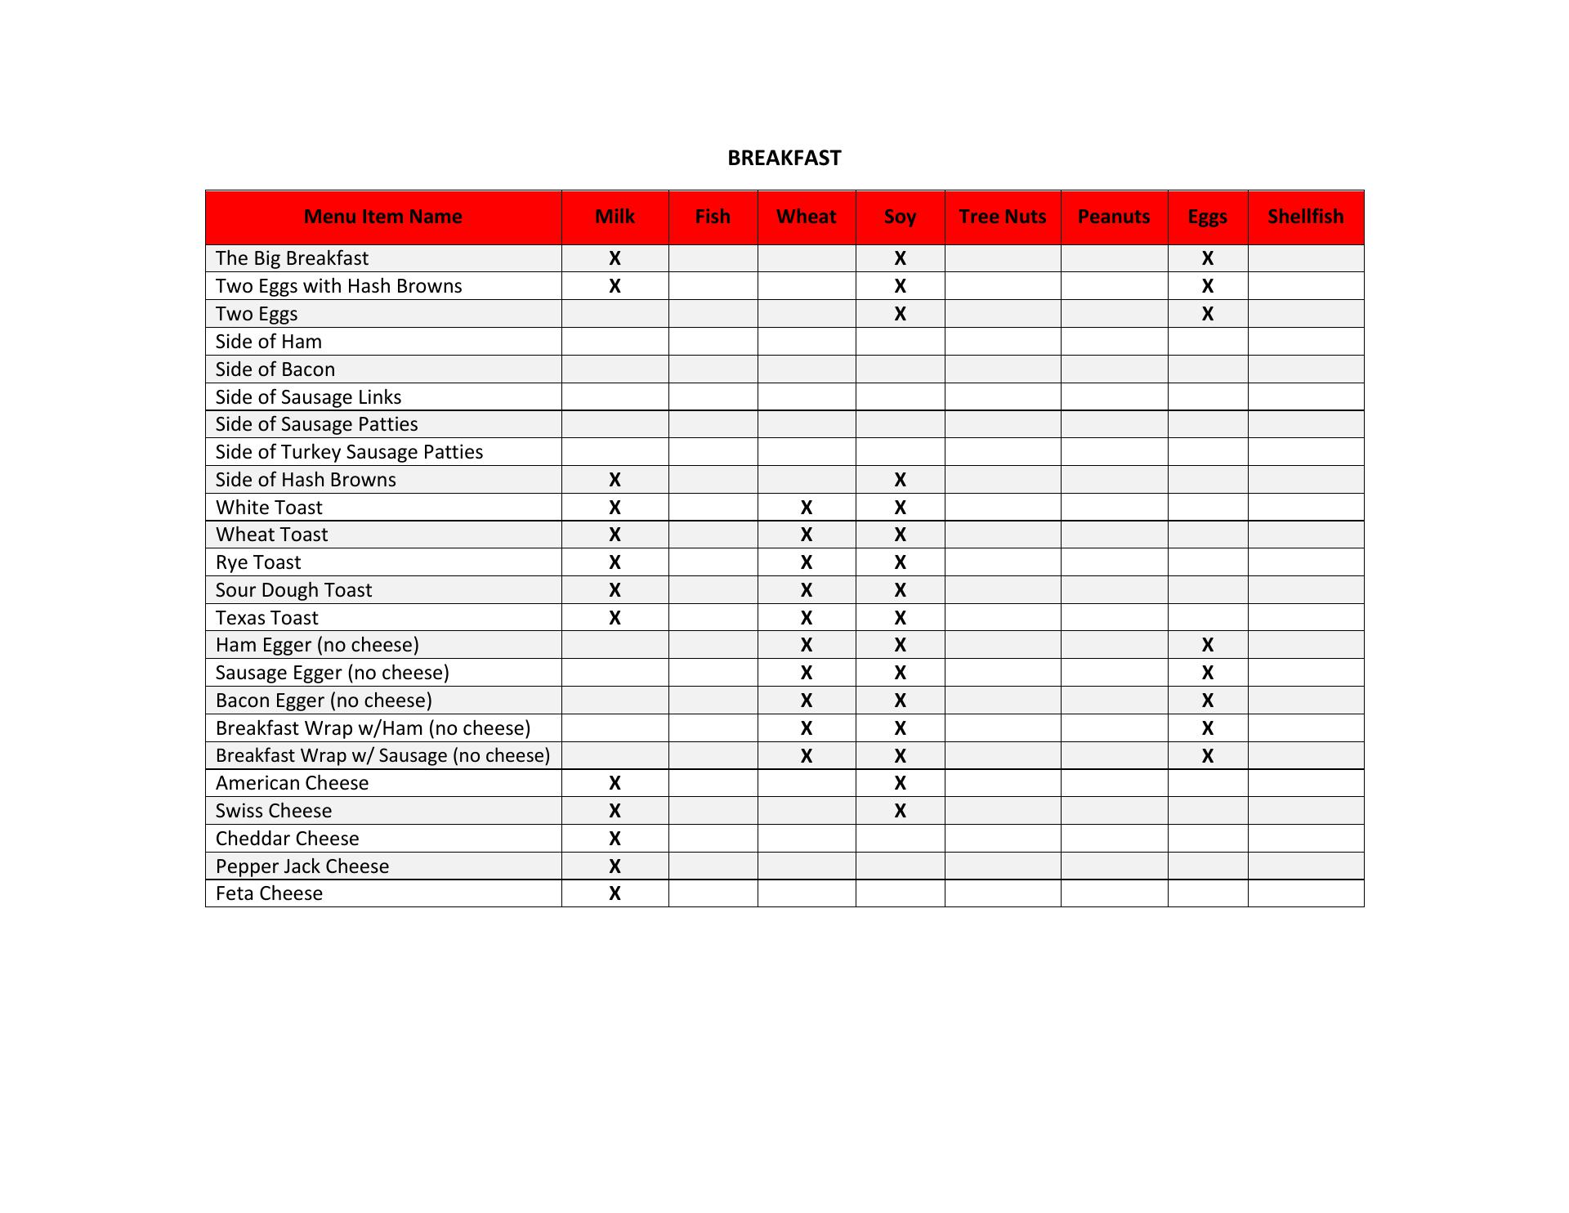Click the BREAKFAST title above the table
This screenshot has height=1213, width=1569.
click(x=784, y=158)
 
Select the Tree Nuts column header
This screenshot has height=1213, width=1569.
click(x=1002, y=217)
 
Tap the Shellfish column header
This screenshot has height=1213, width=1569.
click(x=1305, y=217)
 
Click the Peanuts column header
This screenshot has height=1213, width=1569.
click(x=1113, y=217)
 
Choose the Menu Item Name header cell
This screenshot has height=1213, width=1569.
click(x=382, y=217)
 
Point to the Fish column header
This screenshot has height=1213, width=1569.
click(x=713, y=217)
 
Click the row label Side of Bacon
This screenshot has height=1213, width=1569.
click(x=275, y=369)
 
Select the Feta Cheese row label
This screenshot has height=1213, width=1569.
click(x=269, y=893)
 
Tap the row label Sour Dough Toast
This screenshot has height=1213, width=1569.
click(x=293, y=590)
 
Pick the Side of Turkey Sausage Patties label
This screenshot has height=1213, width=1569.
click(x=349, y=452)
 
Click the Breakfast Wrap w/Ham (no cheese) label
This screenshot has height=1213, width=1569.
click(x=373, y=728)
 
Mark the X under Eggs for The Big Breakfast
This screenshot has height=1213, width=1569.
click(x=1207, y=258)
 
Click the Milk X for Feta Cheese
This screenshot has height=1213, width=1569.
click(x=615, y=893)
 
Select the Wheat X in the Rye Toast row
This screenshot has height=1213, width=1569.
click(x=806, y=562)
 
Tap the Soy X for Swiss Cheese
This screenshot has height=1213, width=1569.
click(x=900, y=811)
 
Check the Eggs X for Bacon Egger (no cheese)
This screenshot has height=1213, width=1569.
click(x=1207, y=700)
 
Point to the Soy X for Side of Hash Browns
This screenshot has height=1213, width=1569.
click(x=900, y=480)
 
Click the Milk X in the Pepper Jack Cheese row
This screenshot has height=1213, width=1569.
click(x=615, y=866)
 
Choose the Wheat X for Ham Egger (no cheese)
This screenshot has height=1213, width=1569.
click(x=806, y=645)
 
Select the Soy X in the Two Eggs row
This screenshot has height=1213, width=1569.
click(x=900, y=314)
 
